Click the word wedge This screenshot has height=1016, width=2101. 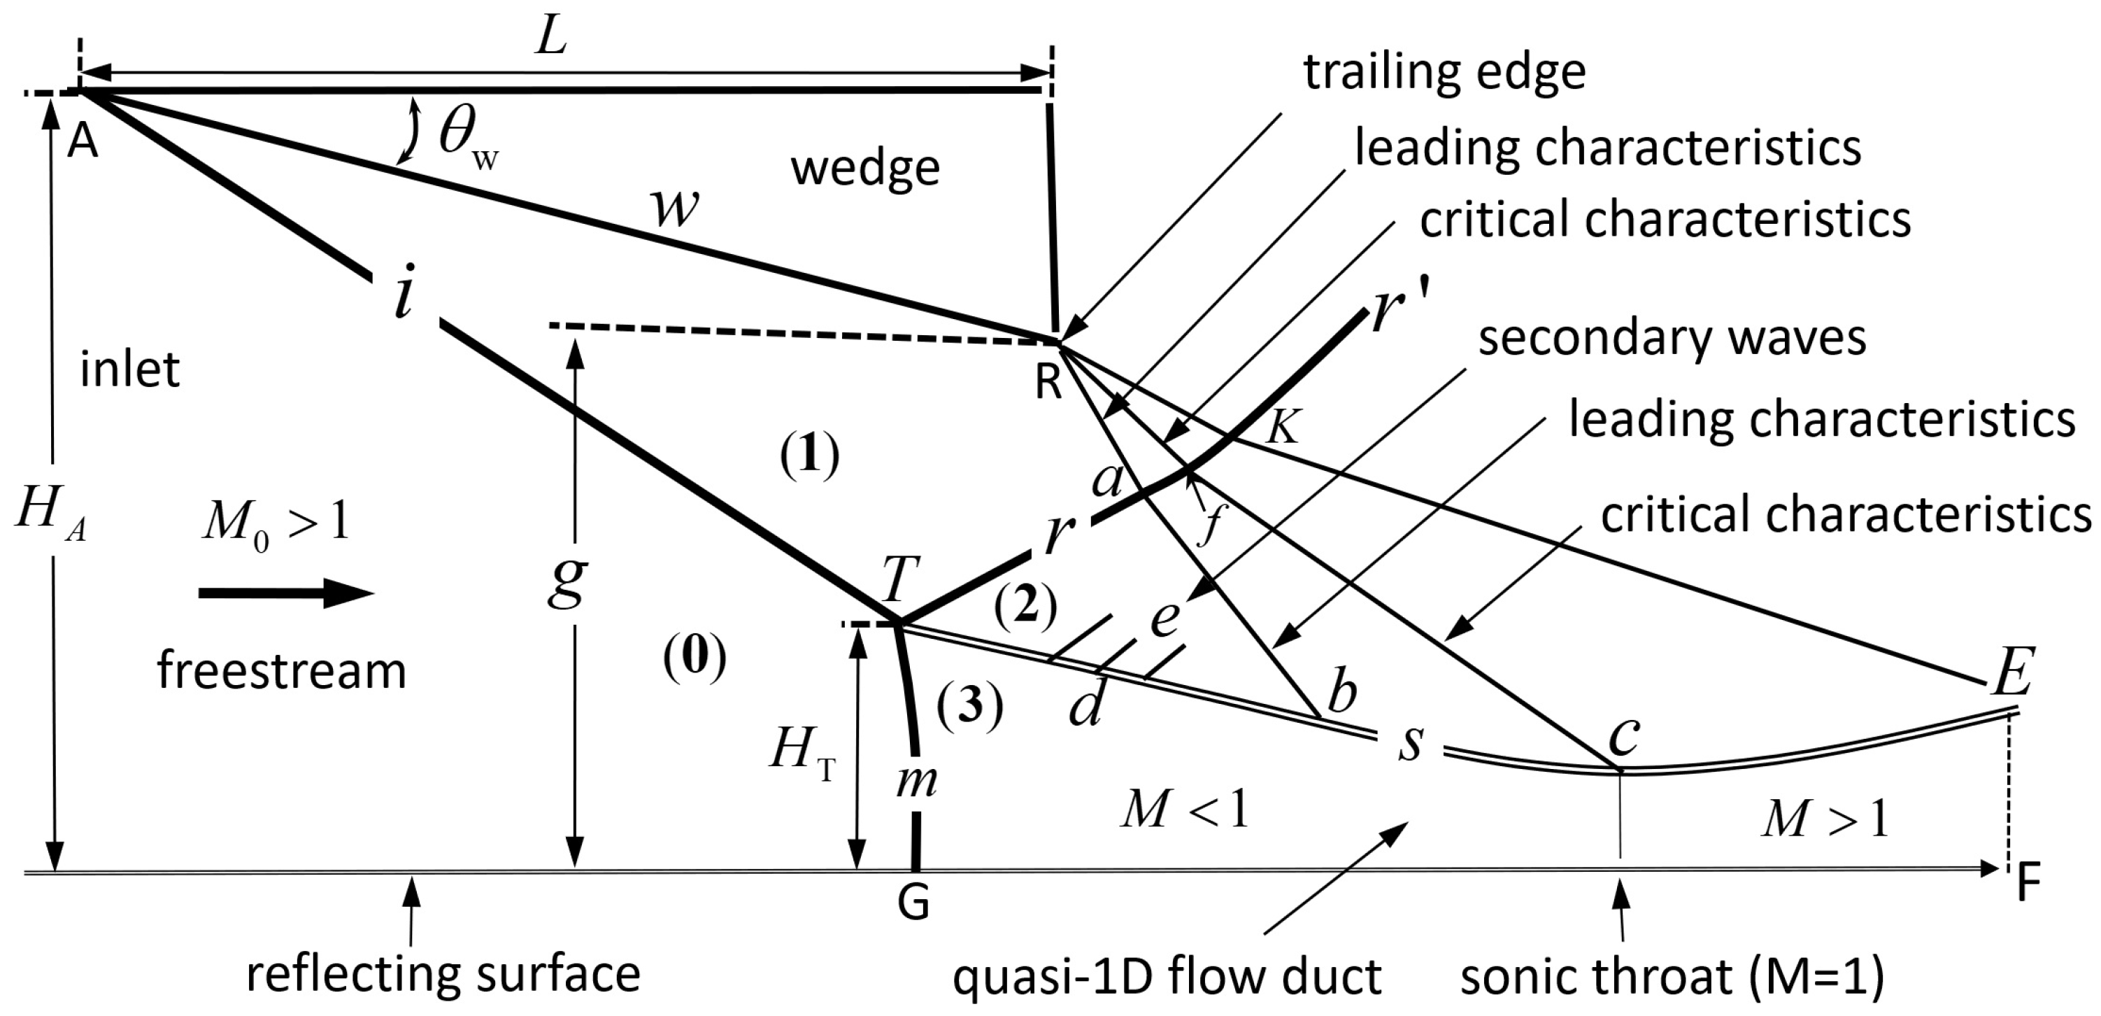click(865, 169)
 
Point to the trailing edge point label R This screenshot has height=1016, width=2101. click(1049, 382)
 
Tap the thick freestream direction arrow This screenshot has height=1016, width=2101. click(285, 593)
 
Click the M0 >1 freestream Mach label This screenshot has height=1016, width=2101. click(276, 522)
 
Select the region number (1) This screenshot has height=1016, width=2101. click(809, 456)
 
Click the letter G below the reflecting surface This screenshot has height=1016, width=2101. click(913, 904)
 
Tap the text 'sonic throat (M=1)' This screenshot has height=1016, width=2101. click(1672, 976)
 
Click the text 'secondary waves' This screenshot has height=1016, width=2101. click(1672, 338)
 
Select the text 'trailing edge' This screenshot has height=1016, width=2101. click(1444, 73)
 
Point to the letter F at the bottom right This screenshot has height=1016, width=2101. click(2028, 883)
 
